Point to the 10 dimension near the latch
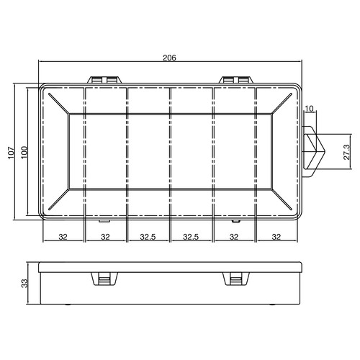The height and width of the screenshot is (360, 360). coord(310,109)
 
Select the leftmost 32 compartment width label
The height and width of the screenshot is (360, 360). coord(63,236)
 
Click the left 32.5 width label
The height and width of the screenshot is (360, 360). coord(148,236)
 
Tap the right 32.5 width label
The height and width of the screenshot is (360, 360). coord(192,236)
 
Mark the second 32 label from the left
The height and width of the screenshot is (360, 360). coord(106,236)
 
